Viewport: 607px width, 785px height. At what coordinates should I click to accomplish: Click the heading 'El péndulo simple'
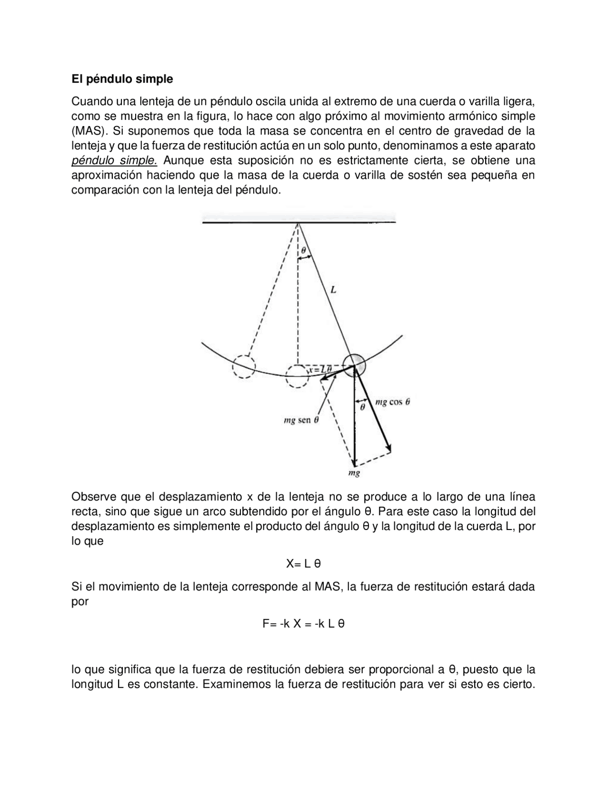click(122, 79)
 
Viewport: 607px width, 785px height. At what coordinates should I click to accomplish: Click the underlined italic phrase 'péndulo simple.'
click(114, 161)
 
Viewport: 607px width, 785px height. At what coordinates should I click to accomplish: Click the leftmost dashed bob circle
click(244, 366)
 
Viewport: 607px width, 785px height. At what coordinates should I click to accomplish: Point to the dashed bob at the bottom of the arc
click(297, 376)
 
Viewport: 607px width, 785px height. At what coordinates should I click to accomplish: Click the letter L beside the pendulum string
click(333, 290)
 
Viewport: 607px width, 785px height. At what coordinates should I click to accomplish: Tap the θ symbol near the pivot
click(303, 250)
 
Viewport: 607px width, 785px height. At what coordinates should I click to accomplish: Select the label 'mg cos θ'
click(392, 402)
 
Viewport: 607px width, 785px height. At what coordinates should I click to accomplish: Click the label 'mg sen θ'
click(301, 420)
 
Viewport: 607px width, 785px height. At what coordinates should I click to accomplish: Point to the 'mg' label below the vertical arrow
click(354, 473)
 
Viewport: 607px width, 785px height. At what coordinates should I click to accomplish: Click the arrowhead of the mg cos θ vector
click(389, 449)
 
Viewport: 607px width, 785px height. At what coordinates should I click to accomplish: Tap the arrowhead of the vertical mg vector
click(354, 462)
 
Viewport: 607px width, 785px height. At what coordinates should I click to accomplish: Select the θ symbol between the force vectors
click(362, 407)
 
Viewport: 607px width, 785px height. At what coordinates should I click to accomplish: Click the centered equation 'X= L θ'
click(303, 564)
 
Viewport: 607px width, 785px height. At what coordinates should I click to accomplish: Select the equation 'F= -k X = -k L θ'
click(303, 624)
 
